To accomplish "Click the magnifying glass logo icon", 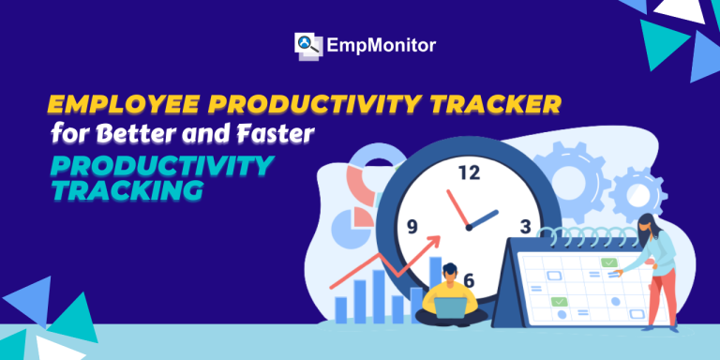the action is point(307,46).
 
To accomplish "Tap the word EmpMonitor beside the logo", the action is point(382,45).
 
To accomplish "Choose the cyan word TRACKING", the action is point(127,190).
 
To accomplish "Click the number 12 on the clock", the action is point(469,172).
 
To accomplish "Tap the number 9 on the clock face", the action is point(412,227).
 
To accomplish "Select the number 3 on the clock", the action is point(525,226).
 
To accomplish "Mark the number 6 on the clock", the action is point(469,280).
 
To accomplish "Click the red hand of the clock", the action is point(457,208).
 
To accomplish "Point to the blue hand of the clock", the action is point(483,219).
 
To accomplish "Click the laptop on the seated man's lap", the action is point(450,307).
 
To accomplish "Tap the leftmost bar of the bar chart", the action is point(340,310).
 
